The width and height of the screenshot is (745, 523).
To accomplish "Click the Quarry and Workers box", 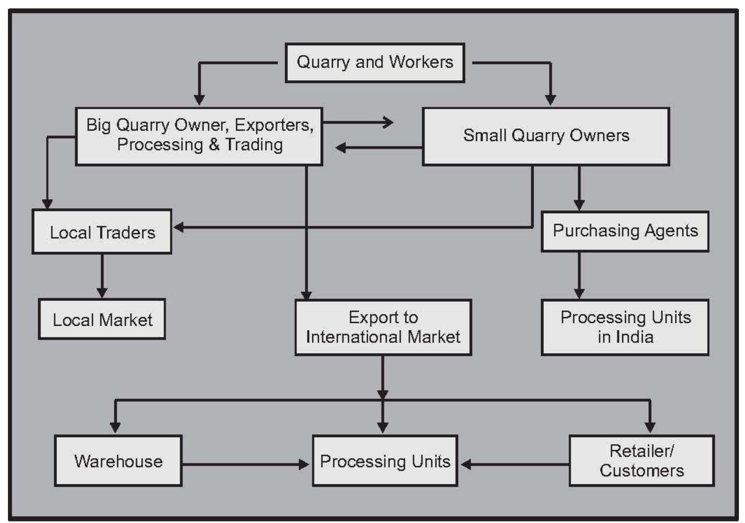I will tap(374, 63).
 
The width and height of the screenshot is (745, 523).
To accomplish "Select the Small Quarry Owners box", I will tap(545, 136).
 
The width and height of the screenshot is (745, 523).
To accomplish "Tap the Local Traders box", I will tap(102, 232).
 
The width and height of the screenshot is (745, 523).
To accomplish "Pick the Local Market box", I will tap(102, 320).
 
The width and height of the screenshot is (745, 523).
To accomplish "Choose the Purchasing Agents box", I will tap(625, 231).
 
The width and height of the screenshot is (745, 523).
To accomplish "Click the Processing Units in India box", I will tap(625, 327).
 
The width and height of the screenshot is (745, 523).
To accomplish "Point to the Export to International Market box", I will tap(383, 327).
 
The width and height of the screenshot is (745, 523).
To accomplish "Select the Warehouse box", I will tap(118, 461).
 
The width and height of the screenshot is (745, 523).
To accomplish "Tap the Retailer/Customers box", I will tap(641, 461).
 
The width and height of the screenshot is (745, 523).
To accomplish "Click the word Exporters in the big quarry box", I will tap(273, 125).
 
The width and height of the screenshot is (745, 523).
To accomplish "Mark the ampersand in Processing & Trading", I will tap(214, 145).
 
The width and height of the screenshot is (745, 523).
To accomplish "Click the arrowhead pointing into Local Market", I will tap(102, 293).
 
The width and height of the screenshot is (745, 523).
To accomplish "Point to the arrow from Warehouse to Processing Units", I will tap(243, 464).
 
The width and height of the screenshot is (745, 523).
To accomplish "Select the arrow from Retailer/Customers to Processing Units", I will tap(513, 464).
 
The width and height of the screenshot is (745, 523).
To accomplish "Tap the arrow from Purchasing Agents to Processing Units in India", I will tap(579, 275).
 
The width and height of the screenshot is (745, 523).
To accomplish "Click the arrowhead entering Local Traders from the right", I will tap(178, 228).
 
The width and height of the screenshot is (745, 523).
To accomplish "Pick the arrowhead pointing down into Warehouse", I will tap(115, 427).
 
